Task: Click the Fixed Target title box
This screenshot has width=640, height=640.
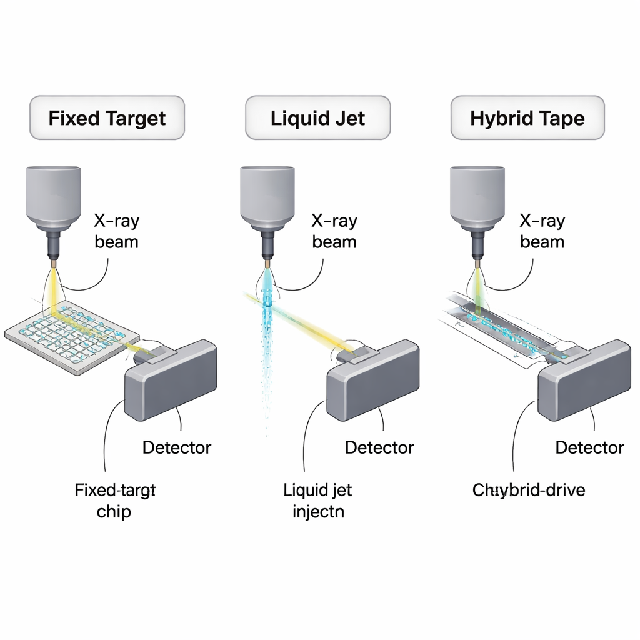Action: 107,117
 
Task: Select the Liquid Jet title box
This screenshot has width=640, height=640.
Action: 317,117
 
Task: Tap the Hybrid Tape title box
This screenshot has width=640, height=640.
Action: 527,117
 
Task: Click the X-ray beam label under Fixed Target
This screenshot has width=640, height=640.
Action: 116,231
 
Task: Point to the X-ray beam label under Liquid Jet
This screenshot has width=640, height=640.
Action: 334,231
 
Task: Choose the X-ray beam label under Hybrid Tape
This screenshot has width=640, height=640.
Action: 542,231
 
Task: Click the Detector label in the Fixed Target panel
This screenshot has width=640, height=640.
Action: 177,447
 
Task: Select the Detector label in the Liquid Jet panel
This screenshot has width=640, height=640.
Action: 379,447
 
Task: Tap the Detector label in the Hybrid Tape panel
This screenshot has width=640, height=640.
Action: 589,447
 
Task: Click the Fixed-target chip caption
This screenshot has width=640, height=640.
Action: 114,501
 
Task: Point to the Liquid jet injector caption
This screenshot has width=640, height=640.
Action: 317,501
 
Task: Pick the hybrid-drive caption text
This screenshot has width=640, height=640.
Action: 529,489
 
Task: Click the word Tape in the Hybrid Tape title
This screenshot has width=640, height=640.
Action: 564,117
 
